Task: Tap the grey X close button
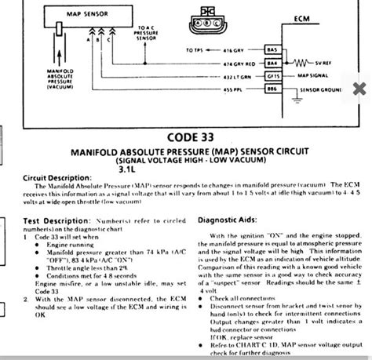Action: coord(359,88)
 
